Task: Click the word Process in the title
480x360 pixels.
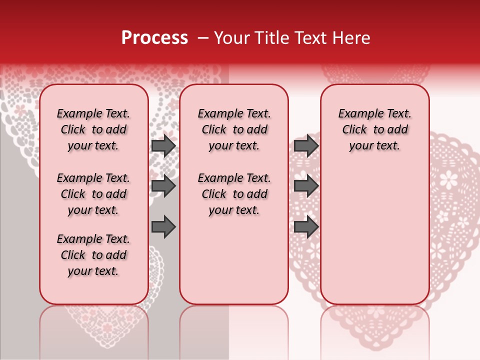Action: tap(154, 38)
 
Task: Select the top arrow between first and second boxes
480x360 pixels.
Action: tap(163, 146)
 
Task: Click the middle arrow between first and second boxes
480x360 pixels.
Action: tap(163, 186)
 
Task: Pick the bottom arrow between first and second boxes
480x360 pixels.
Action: tap(163, 227)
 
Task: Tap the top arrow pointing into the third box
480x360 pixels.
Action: tap(306, 146)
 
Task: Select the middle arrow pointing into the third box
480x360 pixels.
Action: tap(306, 186)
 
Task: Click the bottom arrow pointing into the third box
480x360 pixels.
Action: tap(306, 227)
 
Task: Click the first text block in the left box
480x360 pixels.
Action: tap(93, 130)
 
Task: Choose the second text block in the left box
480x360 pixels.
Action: tap(93, 194)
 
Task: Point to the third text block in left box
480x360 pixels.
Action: tap(93, 255)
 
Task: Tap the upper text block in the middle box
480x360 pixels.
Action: tap(234, 130)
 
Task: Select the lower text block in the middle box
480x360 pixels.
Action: tap(234, 194)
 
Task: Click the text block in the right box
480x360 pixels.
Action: tap(375, 130)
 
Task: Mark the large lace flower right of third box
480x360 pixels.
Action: tap(448, 178)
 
